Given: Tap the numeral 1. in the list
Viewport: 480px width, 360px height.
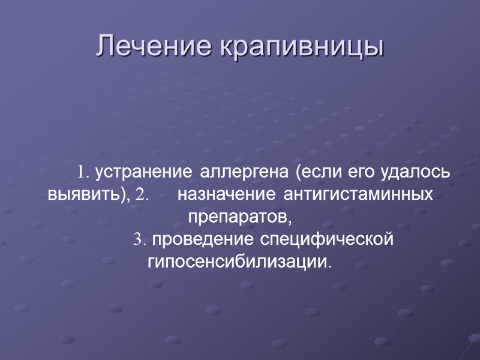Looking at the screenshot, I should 83,173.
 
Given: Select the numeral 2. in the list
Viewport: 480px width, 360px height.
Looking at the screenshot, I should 142,196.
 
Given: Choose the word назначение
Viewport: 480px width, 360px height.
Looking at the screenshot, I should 226,196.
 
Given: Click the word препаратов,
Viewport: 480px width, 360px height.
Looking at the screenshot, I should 239,217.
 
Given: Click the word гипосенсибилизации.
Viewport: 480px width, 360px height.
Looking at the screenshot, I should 238,263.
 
